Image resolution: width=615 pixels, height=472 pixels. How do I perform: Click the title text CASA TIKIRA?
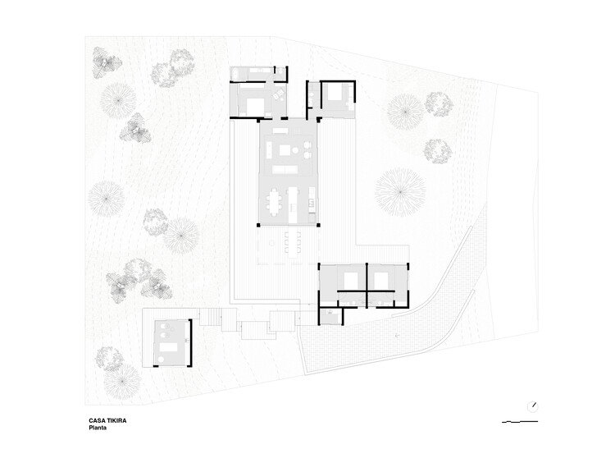tap(107, 420)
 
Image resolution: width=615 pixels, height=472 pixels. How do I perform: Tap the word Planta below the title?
tap(99, 428)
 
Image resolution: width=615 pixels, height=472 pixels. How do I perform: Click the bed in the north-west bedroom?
tap(253, 105)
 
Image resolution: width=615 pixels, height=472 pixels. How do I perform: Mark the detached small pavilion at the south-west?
tap(172, 342)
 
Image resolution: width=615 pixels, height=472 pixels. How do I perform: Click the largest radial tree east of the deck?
tap(400, 191)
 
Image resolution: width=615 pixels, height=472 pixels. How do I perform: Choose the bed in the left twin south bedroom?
tap(350, 280)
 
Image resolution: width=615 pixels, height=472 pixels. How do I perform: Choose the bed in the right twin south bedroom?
tap(381, 280)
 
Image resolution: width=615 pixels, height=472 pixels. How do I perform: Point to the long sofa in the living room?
tap(285, 169)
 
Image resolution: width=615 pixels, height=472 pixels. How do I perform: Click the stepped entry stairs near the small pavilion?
tap(211, 317)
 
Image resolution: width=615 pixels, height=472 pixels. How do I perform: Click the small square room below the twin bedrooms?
tap(330, 317)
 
